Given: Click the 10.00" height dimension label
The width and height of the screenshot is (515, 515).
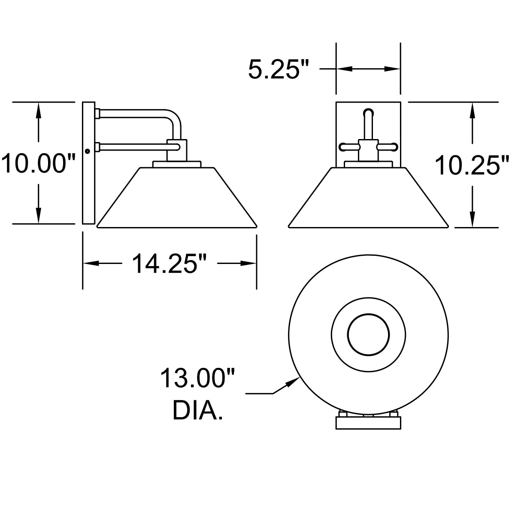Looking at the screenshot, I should [39, 164].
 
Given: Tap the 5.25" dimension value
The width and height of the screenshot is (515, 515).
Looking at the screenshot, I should [279, 70].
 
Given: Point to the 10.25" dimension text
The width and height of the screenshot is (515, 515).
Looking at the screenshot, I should [472, 166].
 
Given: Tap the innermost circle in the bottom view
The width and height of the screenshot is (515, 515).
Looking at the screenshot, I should [369, 335].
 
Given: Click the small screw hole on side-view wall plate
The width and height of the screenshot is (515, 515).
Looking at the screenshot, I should [88, 151].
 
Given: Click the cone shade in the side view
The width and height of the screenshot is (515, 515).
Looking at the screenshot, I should [177, 197].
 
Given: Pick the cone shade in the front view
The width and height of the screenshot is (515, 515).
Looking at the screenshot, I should [368, 197].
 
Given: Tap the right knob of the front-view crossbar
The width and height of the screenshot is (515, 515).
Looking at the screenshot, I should [391, 147].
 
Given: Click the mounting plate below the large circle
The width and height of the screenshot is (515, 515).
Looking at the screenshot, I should [368, 423].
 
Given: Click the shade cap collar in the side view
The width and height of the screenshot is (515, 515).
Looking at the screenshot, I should [177, 164].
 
